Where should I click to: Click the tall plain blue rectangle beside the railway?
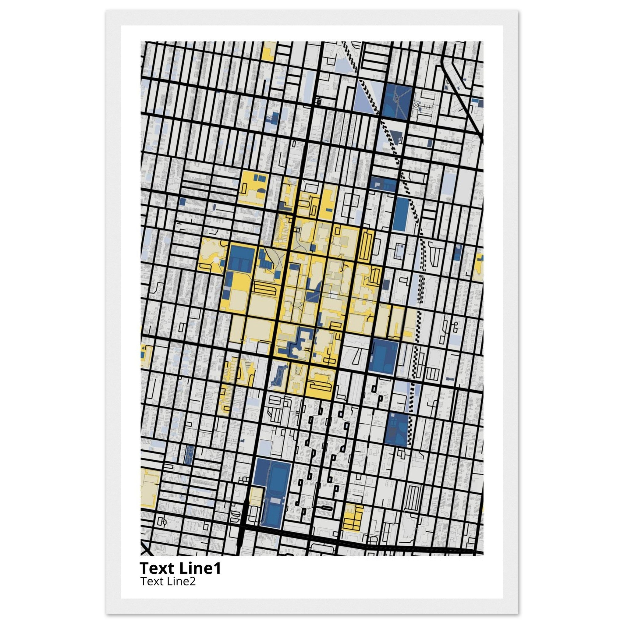coord(400,214)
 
